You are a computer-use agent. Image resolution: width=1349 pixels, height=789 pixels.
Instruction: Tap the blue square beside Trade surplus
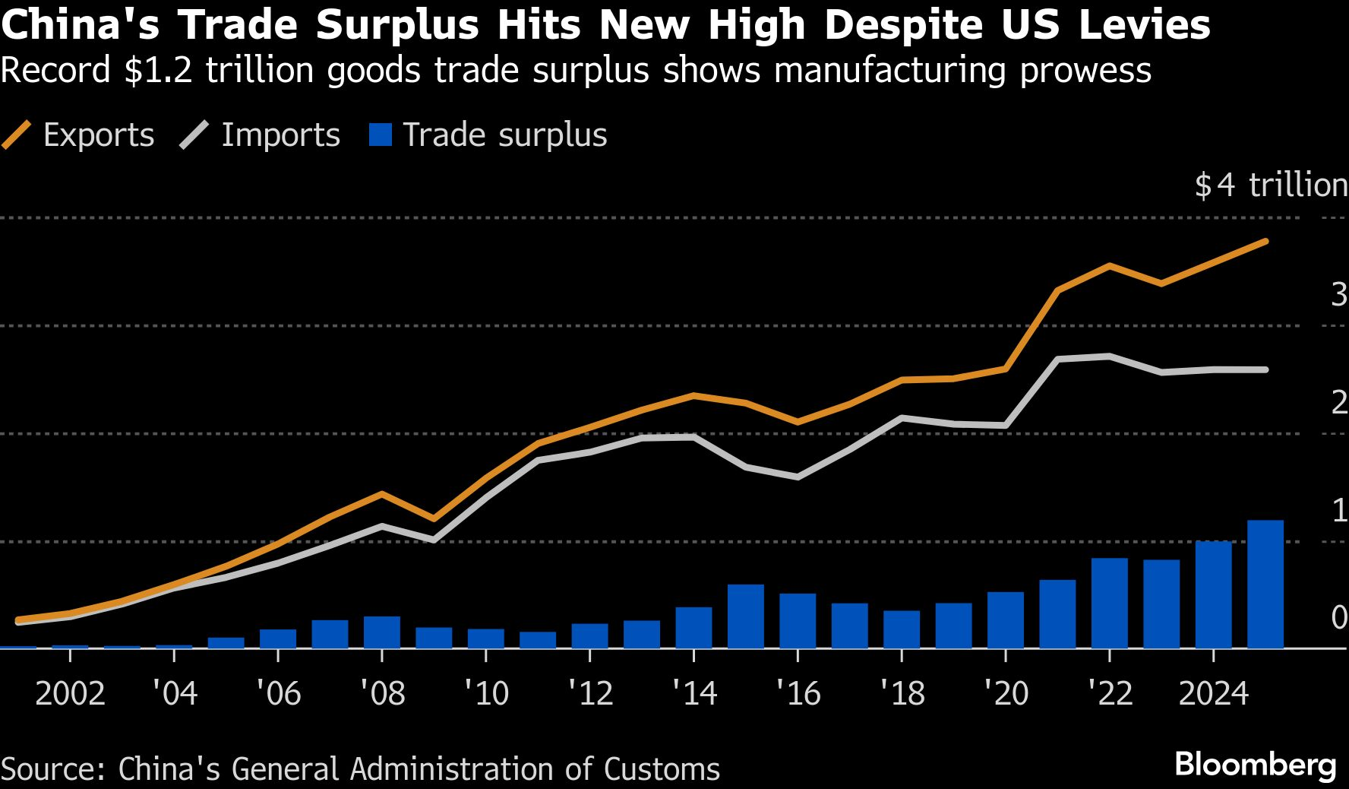click(380, 135)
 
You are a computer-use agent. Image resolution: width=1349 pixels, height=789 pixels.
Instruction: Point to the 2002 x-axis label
click(70, 693)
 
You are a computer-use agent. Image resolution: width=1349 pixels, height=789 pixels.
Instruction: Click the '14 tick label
click(693, 693)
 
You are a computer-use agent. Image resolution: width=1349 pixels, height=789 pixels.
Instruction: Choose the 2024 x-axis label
click(1213, 693)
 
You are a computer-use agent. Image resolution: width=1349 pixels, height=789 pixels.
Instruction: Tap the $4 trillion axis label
click(1270, 185)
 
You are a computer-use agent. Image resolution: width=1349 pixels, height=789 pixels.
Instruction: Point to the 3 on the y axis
click(1339, 294)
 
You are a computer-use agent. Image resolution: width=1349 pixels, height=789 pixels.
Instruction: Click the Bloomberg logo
click(1255, 764)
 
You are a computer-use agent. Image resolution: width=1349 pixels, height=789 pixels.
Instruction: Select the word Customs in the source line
click(662, 769)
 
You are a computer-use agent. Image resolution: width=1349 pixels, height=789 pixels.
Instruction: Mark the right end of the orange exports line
click(1265, 241)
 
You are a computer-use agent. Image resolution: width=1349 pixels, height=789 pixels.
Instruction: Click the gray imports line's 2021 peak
click(1058, 359)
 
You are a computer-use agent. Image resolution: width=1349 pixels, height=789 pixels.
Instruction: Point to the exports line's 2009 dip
click(433, 519)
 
